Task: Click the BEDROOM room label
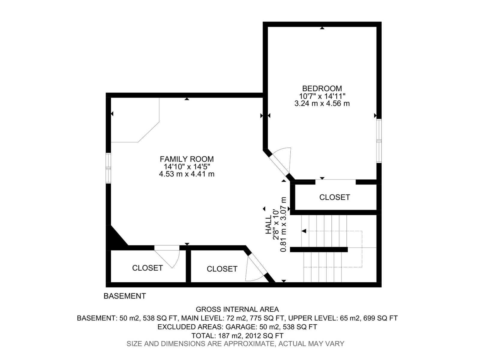(322, 88)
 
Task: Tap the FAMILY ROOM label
(187, 159)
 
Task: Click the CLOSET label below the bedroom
(334, 197)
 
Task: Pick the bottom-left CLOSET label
(147, 268)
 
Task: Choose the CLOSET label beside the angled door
(222, 269)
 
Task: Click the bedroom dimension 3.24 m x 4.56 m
(322, 104)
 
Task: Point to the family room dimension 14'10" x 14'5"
(187, 167)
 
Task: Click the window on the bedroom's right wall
(379, 141)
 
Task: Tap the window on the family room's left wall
(108, 168)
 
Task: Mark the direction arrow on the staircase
(304, 231)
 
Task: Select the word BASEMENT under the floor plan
(124, 296)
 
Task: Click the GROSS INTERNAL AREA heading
(237, 309)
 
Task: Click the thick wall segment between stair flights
(319, 249)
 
